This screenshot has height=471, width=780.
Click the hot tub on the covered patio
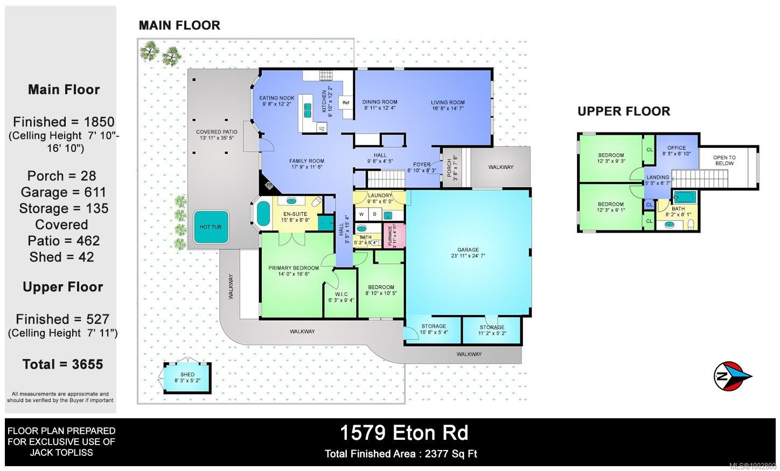coord(211,227)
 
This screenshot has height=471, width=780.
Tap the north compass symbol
coord(733,376)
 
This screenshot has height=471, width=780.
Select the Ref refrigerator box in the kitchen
coord(346,103)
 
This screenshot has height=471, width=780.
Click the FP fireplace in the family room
coord(269,185)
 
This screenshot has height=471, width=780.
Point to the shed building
coord(187,378)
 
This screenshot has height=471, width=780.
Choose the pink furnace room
coord(394,236)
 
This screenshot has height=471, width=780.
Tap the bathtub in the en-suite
coord(263,215)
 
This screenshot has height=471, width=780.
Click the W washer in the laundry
coord(361,214)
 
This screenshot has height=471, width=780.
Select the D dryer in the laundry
coord(375,214)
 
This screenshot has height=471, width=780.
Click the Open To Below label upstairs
coord(725,160)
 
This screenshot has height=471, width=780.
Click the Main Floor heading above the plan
coord(179,25)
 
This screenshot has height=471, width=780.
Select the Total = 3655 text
coord(62,364)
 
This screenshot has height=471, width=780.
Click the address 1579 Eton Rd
coord(404,433)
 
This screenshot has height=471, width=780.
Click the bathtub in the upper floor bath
coord(685,197)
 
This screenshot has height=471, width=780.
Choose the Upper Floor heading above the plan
coord(624,111)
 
